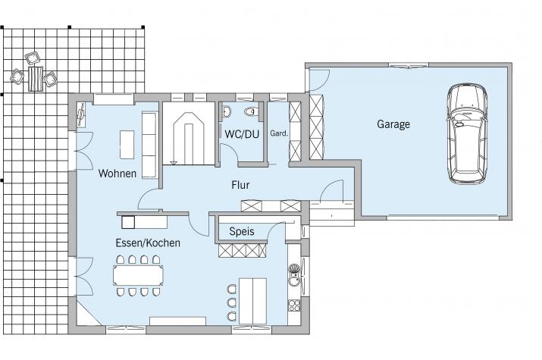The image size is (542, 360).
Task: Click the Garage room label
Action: point(393,124)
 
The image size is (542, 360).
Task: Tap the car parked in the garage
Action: point(467,133)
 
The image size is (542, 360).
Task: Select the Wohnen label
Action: point(117,173)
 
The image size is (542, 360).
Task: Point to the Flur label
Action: point(240,185)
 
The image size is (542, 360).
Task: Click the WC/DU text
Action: point(242,134)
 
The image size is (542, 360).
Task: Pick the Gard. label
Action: point(279,133)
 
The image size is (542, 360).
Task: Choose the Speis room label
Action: point(242,231)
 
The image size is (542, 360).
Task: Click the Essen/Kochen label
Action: point(148,243)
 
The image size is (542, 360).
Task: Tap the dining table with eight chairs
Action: point(138,275)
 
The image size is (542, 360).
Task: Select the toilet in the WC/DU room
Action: point(251,111)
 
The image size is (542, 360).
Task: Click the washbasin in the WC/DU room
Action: point(227,111)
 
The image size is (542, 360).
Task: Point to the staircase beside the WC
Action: point(189,133)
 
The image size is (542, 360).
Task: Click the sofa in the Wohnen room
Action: point(149,145)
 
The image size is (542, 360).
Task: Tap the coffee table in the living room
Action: point(127,145)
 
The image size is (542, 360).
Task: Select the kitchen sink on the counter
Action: point(294,274)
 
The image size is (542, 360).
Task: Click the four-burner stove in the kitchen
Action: point(294,305)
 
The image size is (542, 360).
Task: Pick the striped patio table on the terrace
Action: point(36,78)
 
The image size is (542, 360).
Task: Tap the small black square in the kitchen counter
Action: point(128,222)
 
